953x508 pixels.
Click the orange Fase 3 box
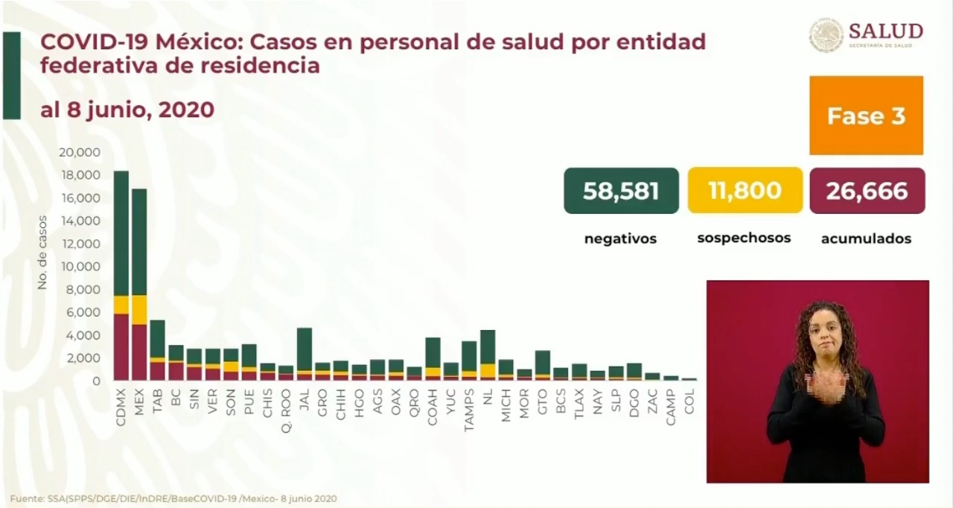pyautogui.click(x=866, y=115)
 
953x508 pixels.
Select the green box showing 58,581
pyautogui.click(x=621, y=191)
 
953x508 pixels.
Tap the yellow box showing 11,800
pyautogui.click(x=745, y=191)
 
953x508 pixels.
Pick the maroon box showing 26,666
pyautogui.click(x=867, y=191)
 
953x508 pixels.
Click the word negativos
pyautogui.click(x=620, y=239)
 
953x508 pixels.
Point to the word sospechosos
pyautogui.click(x=744, y=238)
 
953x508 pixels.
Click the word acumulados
pyautogui.click(x=866, y=239)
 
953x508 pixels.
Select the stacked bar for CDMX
pyautogui.click(x=121, y=276)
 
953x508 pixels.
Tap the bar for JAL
pyautogui.click(x=304, y=354)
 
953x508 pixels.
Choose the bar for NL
pyautogui.click(x=488, y=355)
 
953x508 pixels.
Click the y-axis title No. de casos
pyautogui.click(x=42, y=253)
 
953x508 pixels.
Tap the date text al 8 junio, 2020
pyautogui.click(x=127, y=110)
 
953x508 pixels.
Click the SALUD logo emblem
pyautogui.click(x=826, y=35)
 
